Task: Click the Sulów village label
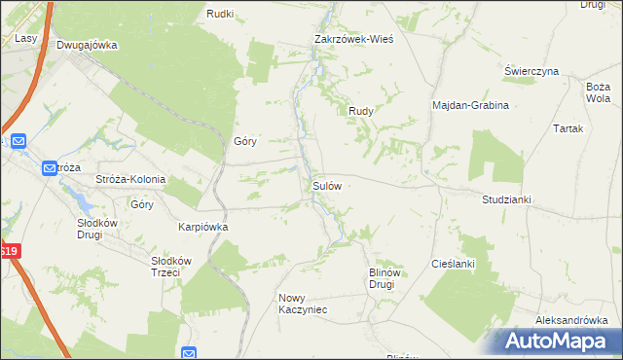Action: point(325,184)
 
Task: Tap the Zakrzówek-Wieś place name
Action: point(350,40)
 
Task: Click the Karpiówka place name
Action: point(202,227)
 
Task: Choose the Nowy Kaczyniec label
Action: point(303,304)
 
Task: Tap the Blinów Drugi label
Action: point(381,279)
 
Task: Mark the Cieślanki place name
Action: point(453,264)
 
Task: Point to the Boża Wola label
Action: point(598,92)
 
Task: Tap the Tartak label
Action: point(568,128)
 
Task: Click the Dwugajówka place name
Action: point(87,45)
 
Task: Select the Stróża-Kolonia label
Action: point(130,180)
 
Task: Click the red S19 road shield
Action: point(8,250)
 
